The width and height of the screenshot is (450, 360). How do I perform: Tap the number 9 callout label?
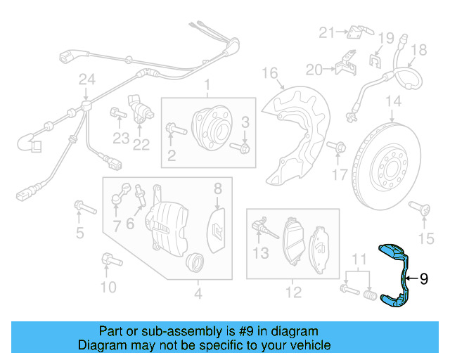[x=424, y=279]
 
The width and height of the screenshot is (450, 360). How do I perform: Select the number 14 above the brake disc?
[x=392, y=101]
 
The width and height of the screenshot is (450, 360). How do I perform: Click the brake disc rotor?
[x=391, y=163]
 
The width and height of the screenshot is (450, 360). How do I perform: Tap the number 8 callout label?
[x=218, y=188]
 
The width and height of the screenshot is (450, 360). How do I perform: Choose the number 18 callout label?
[x=418, y=50]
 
